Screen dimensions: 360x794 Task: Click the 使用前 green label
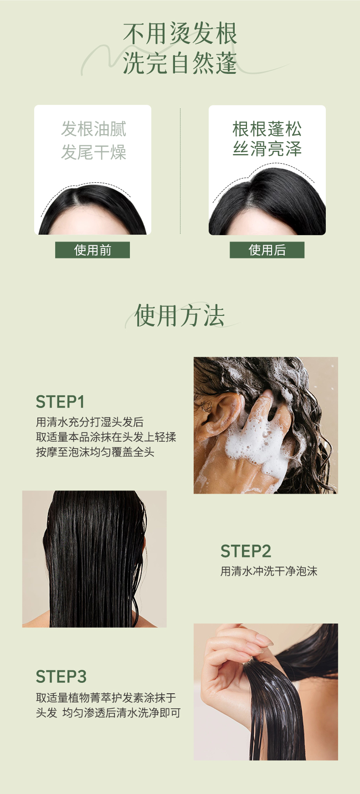[x=93, y=250]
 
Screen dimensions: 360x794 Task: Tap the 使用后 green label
[x=267, y=250]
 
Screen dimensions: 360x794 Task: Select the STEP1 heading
[x=60, y=402]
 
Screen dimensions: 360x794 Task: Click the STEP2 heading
[x=246, y=551]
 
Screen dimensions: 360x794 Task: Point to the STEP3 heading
[x=61, y=677]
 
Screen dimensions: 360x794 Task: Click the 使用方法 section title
[x=180, y=315]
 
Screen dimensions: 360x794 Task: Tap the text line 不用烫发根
[x=180, y=34]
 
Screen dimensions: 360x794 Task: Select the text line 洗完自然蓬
[x=180, y=63]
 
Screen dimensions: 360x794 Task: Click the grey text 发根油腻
[x=93, y=129]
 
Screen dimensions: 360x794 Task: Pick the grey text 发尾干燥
[x=93, y=152]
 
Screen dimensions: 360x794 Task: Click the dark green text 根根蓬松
[x=267, y=129]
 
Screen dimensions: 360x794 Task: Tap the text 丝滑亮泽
[x=267, y=149]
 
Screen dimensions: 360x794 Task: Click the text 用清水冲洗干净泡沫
[x=269, y=571]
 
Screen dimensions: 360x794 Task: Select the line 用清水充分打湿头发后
[x=90, y=422]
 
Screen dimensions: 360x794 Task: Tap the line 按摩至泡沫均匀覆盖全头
[x=95, y=452]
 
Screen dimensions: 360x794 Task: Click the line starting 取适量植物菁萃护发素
[x=106, y=698]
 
